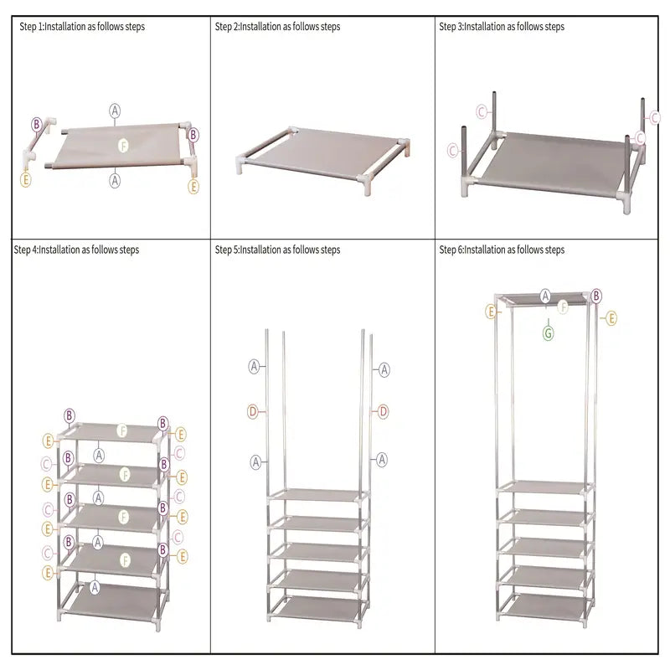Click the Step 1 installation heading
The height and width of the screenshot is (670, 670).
coord(82,27)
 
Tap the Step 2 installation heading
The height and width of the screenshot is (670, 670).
coord(277,27)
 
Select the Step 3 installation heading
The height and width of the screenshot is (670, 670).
coord(502,27)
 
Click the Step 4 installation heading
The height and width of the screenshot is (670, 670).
coord(76,250)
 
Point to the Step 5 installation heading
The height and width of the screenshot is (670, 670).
coord(277,250)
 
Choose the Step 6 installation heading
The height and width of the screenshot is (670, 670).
coord(502,250)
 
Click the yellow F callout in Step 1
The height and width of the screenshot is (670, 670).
coord(123,144)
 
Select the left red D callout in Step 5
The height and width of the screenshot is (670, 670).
coord(252,411)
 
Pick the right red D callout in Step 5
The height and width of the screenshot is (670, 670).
coord(384,411)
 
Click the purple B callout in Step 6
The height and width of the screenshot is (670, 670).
coord(596,296)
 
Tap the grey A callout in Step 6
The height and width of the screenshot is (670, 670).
coord(546,296)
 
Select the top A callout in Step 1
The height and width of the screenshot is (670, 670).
coord(115,110)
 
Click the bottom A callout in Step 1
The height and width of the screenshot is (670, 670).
coord(115,179)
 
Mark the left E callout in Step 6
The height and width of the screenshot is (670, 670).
coord(492,312)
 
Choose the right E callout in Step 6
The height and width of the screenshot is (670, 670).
coord(611,318)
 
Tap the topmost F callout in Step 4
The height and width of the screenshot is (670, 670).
coord(123,430)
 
